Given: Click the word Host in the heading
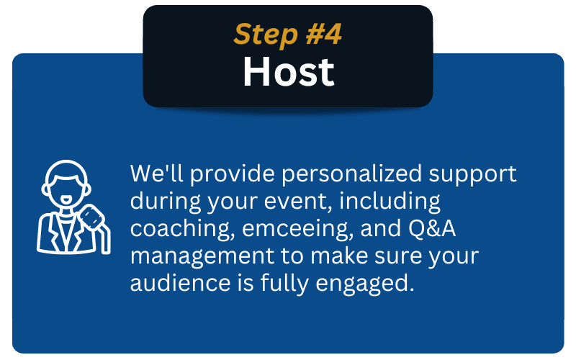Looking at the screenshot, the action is pos(289,71).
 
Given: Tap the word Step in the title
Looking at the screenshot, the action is pos(266,35).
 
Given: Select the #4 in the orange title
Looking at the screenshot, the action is pos(323,34).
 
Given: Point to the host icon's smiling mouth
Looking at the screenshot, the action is pos(66,200).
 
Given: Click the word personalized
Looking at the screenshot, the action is pos(352,174).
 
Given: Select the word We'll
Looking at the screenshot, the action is pos(157,173).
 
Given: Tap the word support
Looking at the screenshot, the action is pos(473,174).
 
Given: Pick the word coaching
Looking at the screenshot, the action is pos(182,228).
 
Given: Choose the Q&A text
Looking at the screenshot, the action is pos(432,228).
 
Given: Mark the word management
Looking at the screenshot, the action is pos(202,256).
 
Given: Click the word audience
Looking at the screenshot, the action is pos(181,282).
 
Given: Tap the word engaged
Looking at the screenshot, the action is pos(362,284).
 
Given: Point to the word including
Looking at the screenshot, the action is pos(390,201).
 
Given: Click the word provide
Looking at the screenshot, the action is pos(232,174).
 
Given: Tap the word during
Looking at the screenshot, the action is pos(166,201).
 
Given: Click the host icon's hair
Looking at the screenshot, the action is pos(66,170).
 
